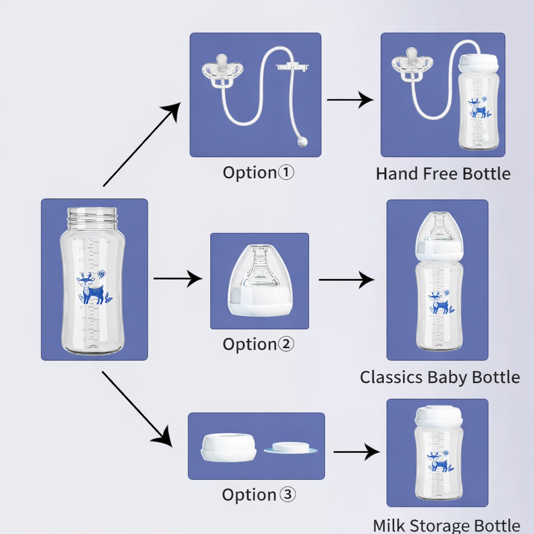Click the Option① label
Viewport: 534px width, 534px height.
[258, 173]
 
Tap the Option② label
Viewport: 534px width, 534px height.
[258, 344]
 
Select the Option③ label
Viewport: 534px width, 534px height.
[258, 494]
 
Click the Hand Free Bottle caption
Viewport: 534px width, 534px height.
[443, 174]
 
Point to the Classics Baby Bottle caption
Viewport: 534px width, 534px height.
[440, 377]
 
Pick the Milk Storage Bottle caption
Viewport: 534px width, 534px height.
[446, 525]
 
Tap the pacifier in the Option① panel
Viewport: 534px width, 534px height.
[223, 72]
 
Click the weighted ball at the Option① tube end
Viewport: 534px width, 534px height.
[301, 141]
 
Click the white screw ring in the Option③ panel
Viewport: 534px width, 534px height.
[228, 448]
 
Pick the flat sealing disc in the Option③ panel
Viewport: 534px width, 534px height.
[291, 448]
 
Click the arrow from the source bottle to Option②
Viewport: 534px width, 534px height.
[177, 279]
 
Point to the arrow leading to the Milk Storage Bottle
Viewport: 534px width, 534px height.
[356, 452]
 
